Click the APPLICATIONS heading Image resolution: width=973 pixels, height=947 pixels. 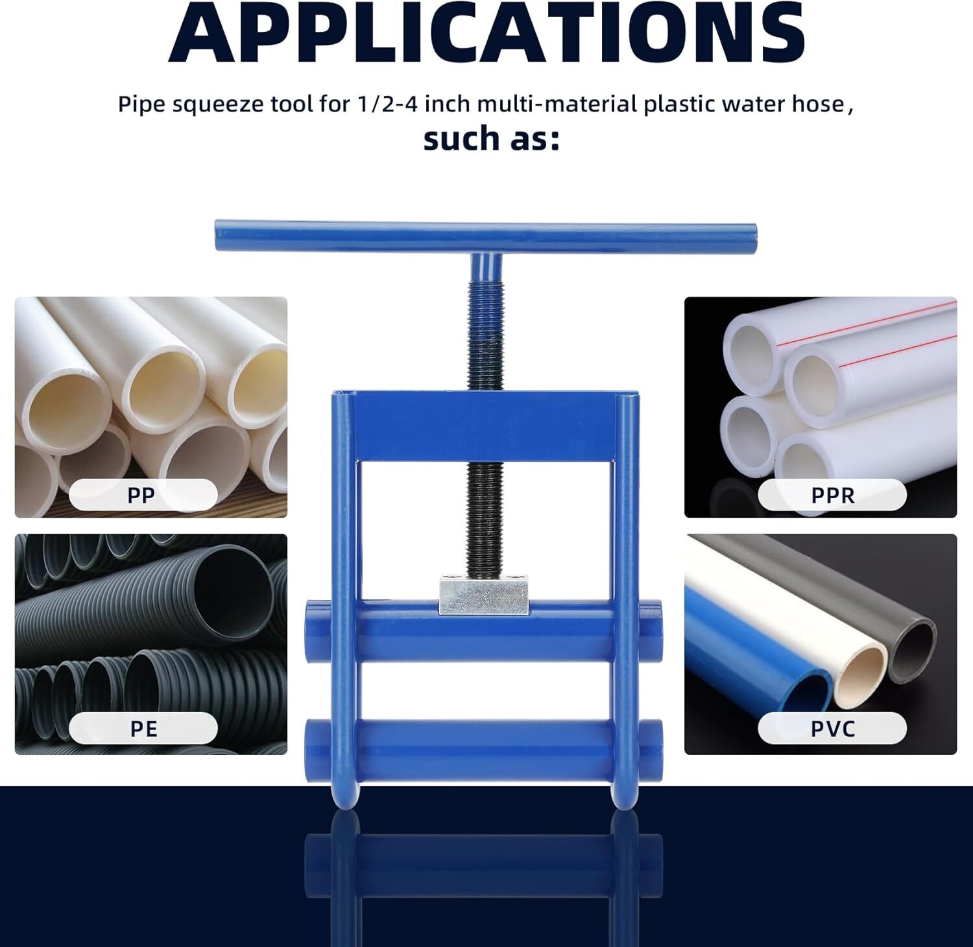pyautogui.click(x=486, y=31)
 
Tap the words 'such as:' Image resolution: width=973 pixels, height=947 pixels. pyautogui.click(x=492, y=138)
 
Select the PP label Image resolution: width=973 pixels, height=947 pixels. pyautogui.click(x=141, y=495)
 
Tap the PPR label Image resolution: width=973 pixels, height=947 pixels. pyautogui.click(x=833, y=495)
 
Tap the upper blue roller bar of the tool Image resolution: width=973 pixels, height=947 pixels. pyautogui.click(x=483, y=630)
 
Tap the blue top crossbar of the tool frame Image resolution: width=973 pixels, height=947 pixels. pyautogui.click(x=485, y=426)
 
